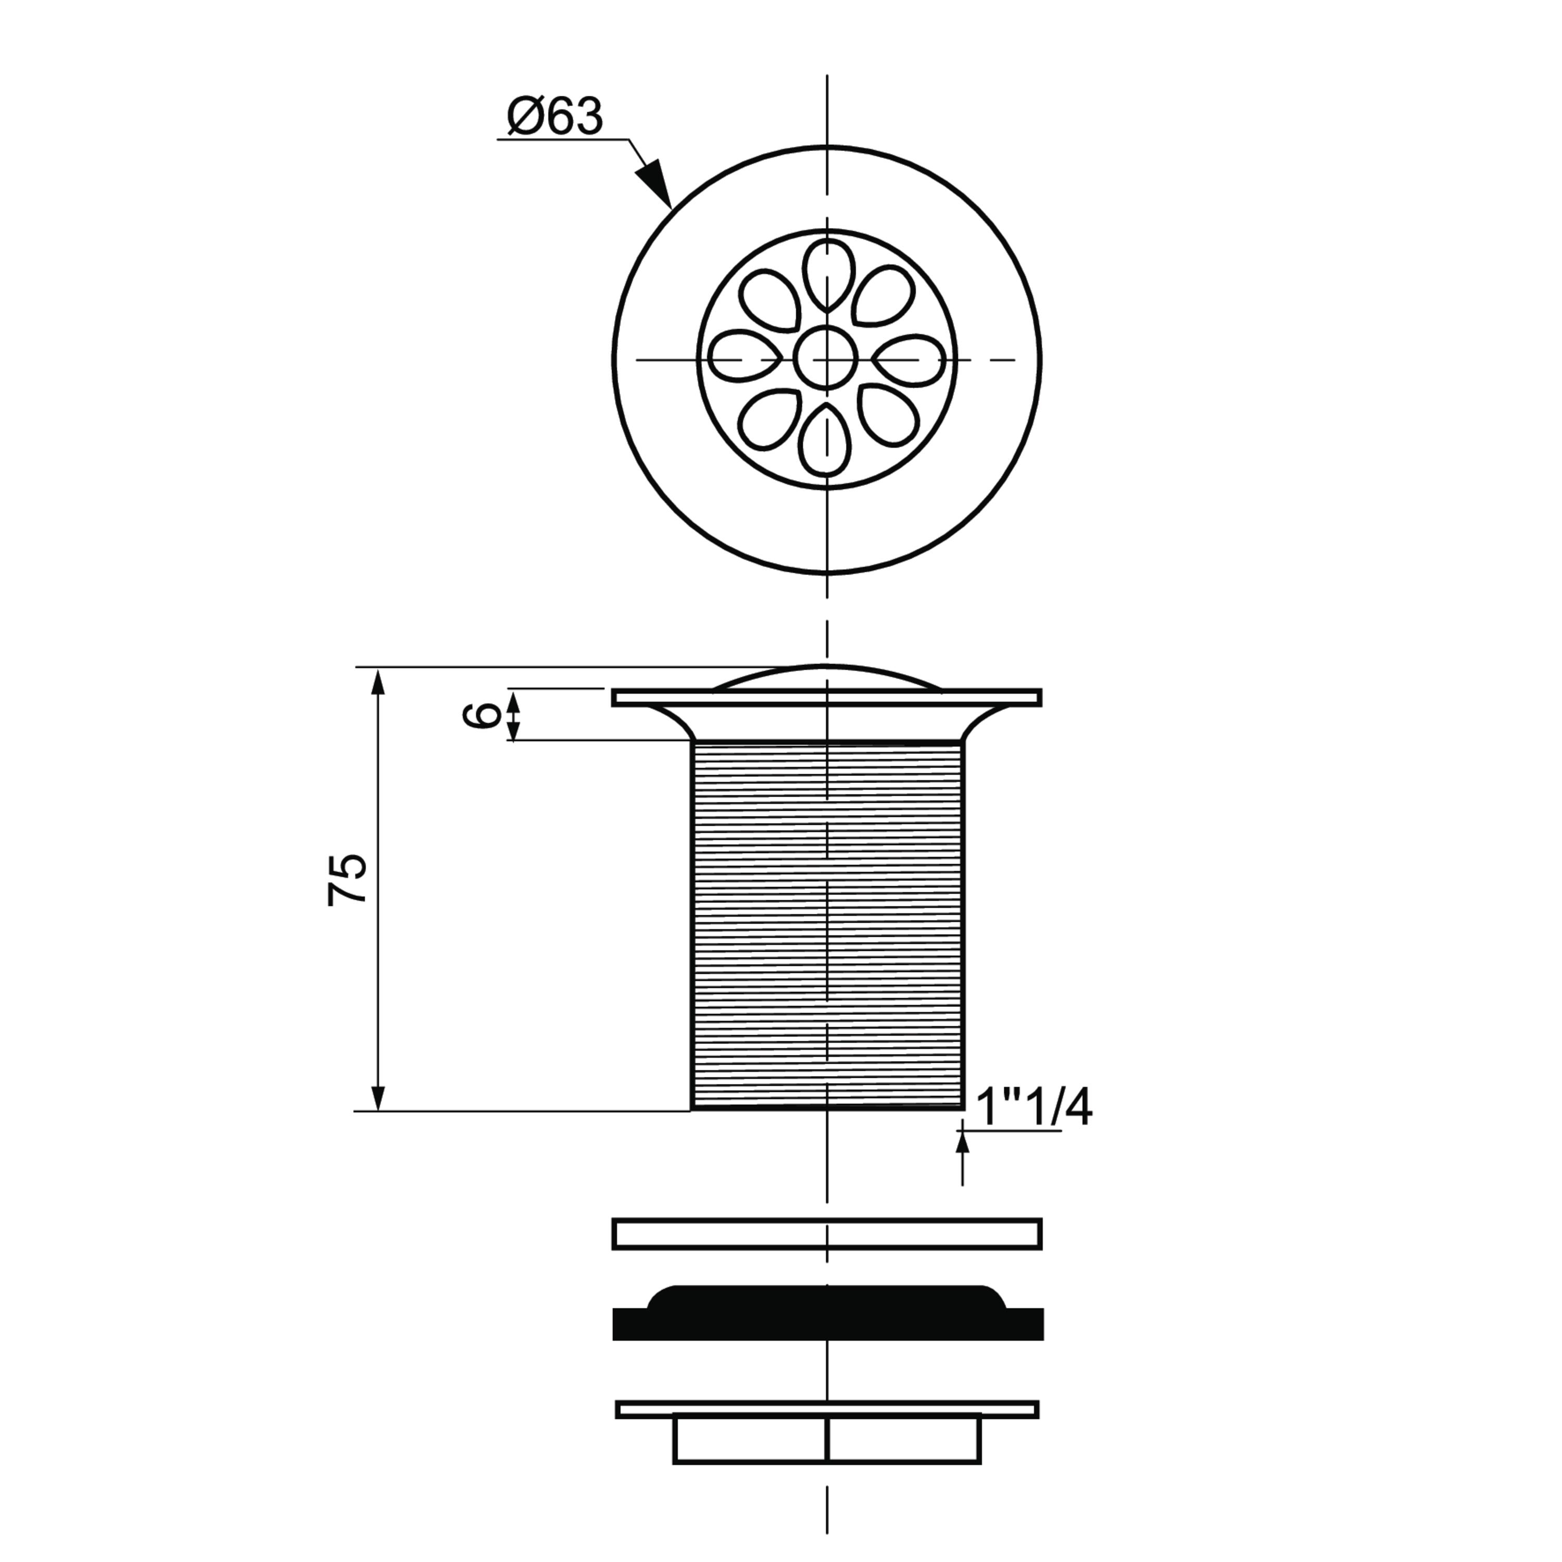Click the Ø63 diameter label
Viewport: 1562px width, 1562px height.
click(555, 117)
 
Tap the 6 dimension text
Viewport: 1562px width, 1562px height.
click(487, 715)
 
